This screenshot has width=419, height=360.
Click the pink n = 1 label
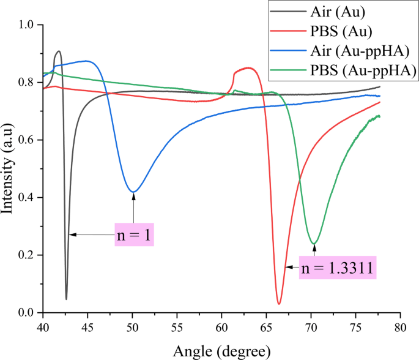[x=134, y=234]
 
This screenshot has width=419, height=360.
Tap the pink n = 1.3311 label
[x=338, y=268]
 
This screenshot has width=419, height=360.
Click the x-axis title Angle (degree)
[x=221, y=351]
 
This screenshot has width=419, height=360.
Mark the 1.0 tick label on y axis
[x=27, y=25]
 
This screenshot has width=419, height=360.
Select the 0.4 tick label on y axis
[x=27, y=198]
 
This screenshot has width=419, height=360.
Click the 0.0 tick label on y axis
[x=27, y=313]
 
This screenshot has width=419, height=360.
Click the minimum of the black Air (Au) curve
[x=66, y=299]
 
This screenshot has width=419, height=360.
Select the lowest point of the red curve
[x=279, y=304]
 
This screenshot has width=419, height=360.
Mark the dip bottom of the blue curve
[x=133, y=192]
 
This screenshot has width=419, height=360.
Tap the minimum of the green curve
[x=314, y=244]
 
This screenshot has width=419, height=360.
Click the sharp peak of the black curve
[x=59, y=51]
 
